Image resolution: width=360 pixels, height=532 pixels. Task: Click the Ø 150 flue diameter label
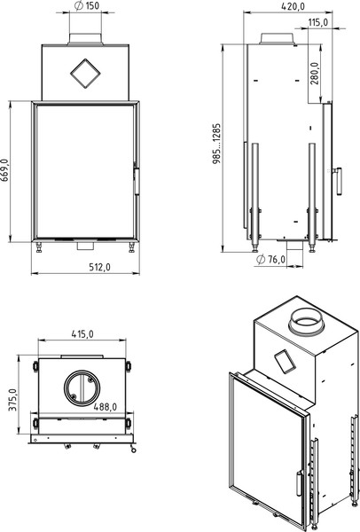pyautogui.click(x=87, y=6)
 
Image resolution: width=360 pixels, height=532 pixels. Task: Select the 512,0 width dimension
pyautogui.click(x=100, y=268)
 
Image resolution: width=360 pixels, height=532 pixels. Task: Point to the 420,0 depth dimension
pyautogui.click(x=293, y=6)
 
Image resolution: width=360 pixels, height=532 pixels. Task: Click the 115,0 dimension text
pyautogui.click(x=318, y=22)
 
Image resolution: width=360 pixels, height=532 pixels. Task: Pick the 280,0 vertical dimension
pyautogui.click(x=315, y=74)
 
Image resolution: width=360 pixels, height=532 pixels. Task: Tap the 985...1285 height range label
pyautogui.click(x=216, y=144)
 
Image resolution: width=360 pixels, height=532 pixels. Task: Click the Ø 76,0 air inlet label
pyautogui.click(x=270, y=260)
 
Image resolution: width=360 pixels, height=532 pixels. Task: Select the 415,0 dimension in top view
pyautogui.click(x=82, y=334)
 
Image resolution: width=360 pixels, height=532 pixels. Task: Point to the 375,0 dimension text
pyautogui.click(x=13, y=400)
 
